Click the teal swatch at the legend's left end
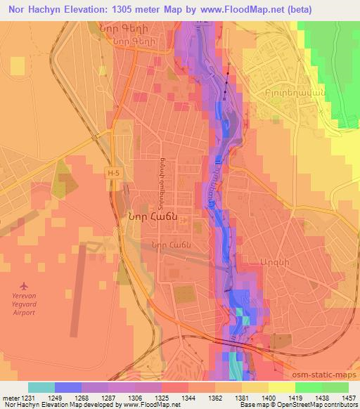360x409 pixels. tap(41, 387)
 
